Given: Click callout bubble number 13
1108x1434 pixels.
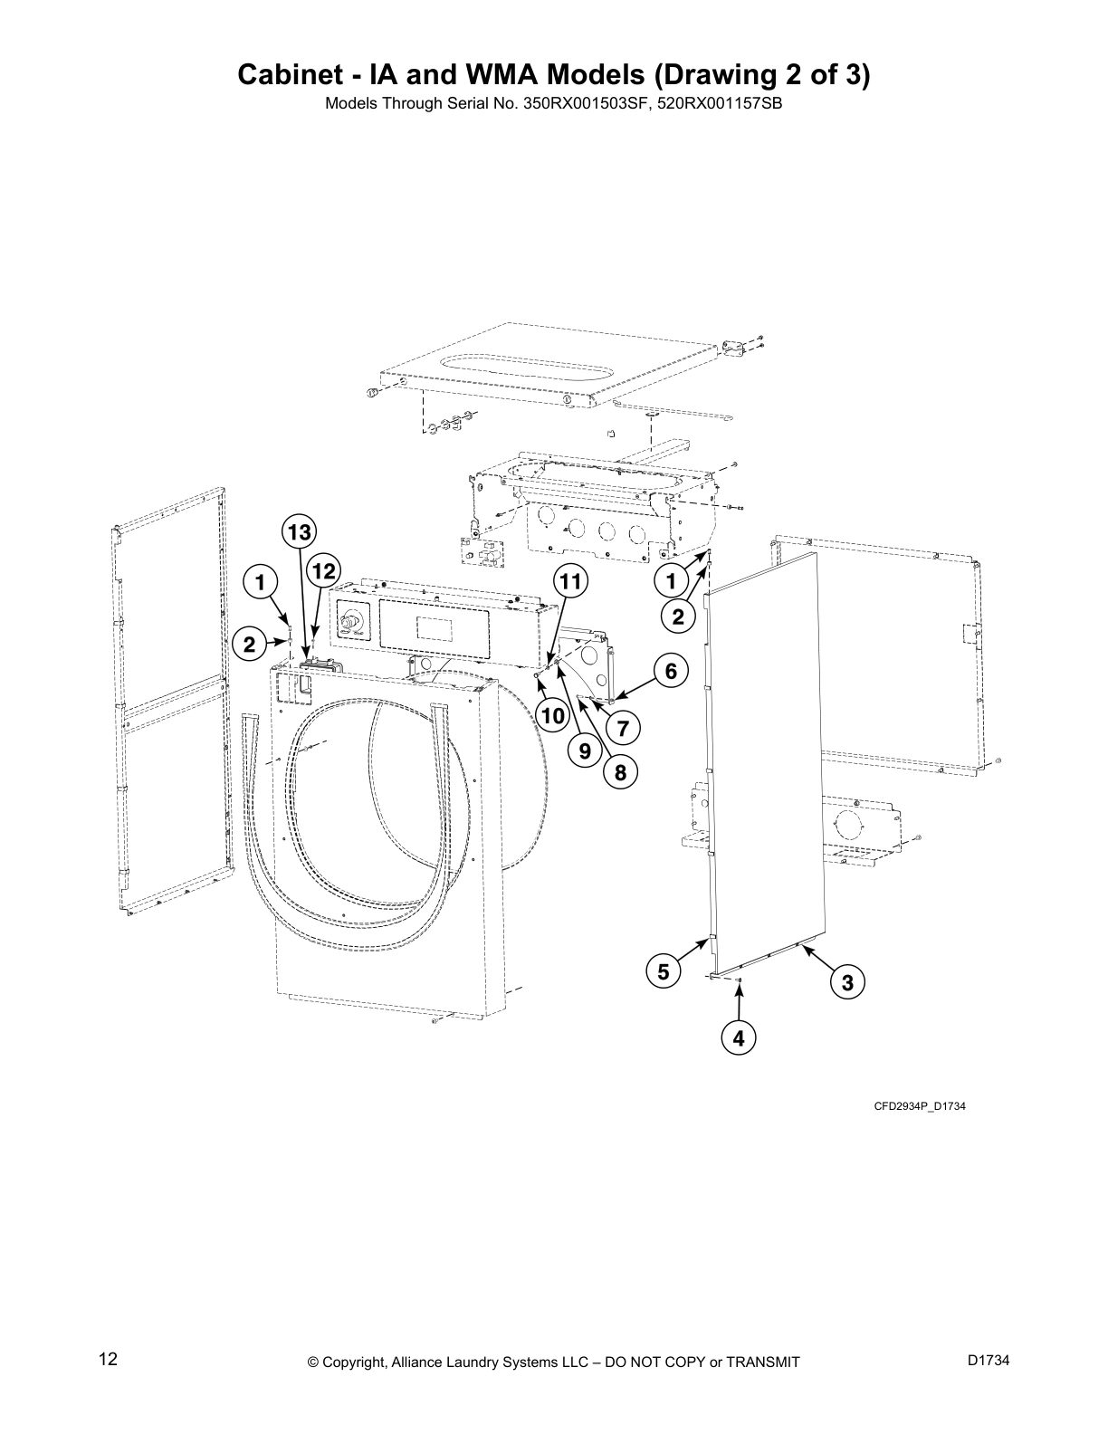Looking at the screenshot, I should point(300,533).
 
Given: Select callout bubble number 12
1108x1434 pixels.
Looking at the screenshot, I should point(322,571).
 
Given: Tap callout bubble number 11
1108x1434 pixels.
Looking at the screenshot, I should point(571,580).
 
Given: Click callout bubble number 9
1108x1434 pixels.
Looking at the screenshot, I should point(585,750).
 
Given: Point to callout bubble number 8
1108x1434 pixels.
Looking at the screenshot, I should point(621,772).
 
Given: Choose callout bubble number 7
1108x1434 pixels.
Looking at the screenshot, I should point(623,727).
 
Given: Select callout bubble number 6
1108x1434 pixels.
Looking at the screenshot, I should point(671,671).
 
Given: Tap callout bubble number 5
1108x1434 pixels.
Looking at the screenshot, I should point(664,971).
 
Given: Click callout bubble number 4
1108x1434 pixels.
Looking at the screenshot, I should point(739,1038).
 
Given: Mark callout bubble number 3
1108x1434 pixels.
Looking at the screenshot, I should point(847,982).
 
